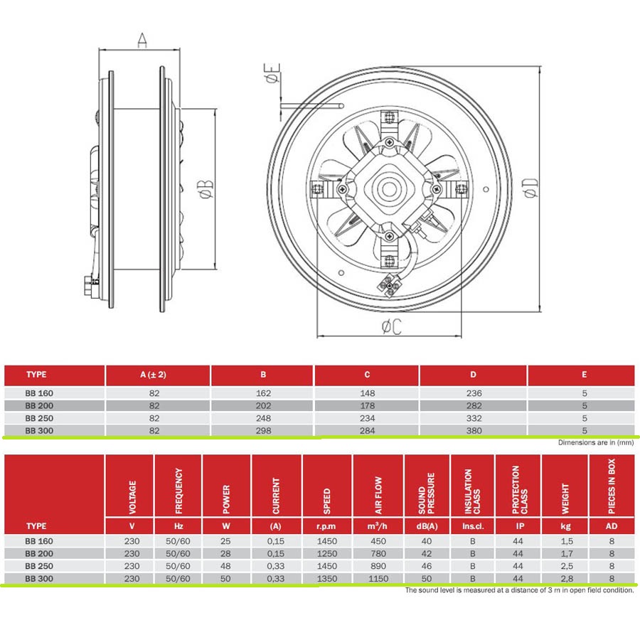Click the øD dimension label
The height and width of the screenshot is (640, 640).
coord(531,188)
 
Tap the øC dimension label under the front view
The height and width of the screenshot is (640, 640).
coord(391,326)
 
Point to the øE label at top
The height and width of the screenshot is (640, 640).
coord(272,73)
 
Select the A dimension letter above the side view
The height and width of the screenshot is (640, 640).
coord(142,40)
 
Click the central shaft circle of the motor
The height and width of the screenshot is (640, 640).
coord(390,189)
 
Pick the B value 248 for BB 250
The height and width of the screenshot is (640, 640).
coord(263,418)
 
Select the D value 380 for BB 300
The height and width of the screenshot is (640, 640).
coord(474,431)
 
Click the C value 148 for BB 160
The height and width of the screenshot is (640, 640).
coord(368,393)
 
